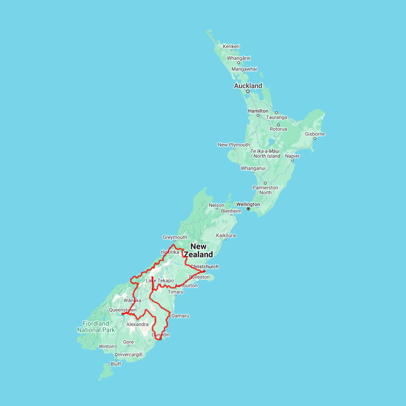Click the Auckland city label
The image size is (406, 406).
click(248, 86)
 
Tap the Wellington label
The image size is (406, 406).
click(248, 204)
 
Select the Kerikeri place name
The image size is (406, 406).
click(231, 46)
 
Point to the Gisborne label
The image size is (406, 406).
click(314, 134)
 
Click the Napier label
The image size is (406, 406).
click(292, 156)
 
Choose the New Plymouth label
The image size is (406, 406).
click(234, 145)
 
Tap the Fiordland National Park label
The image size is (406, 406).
click(96, 327)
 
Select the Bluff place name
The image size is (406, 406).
click(115, 364)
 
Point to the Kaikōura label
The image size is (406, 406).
click(226, 235)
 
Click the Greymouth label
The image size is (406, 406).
click(175, 237)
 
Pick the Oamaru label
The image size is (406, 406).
click(180, 316)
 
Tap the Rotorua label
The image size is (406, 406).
click(278, 129)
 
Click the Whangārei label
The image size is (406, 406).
click(239, 58)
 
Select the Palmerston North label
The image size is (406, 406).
click(265, 190)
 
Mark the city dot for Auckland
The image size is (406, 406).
click(248, 91)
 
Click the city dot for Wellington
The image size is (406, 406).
click(248, 209)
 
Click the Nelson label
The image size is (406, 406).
click(217, 205)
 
